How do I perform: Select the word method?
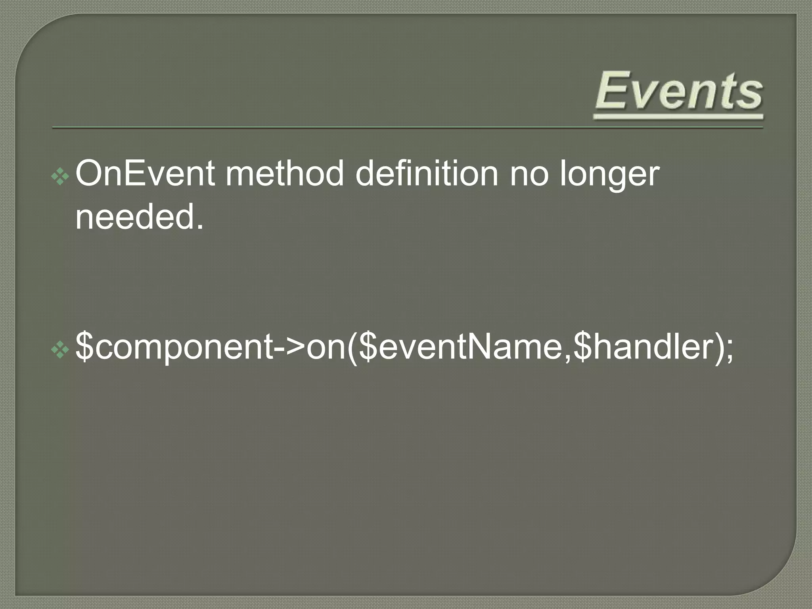[285, 174]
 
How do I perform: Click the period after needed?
[200, 227]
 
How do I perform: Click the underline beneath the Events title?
[678, 117]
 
